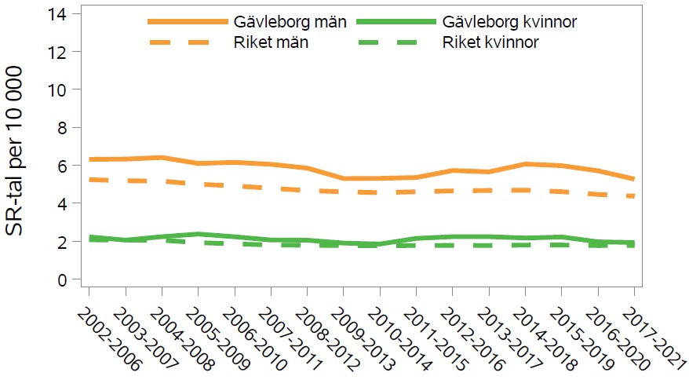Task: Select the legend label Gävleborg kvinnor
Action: click(510, 21)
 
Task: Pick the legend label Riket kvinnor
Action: click(490, 42)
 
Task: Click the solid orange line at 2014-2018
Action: click(525, 164)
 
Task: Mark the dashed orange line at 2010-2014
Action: click(379, 192)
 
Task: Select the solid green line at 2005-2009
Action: click(197, 234)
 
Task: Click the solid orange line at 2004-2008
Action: click(161, 158)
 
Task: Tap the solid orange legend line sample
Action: click(180, 21)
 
